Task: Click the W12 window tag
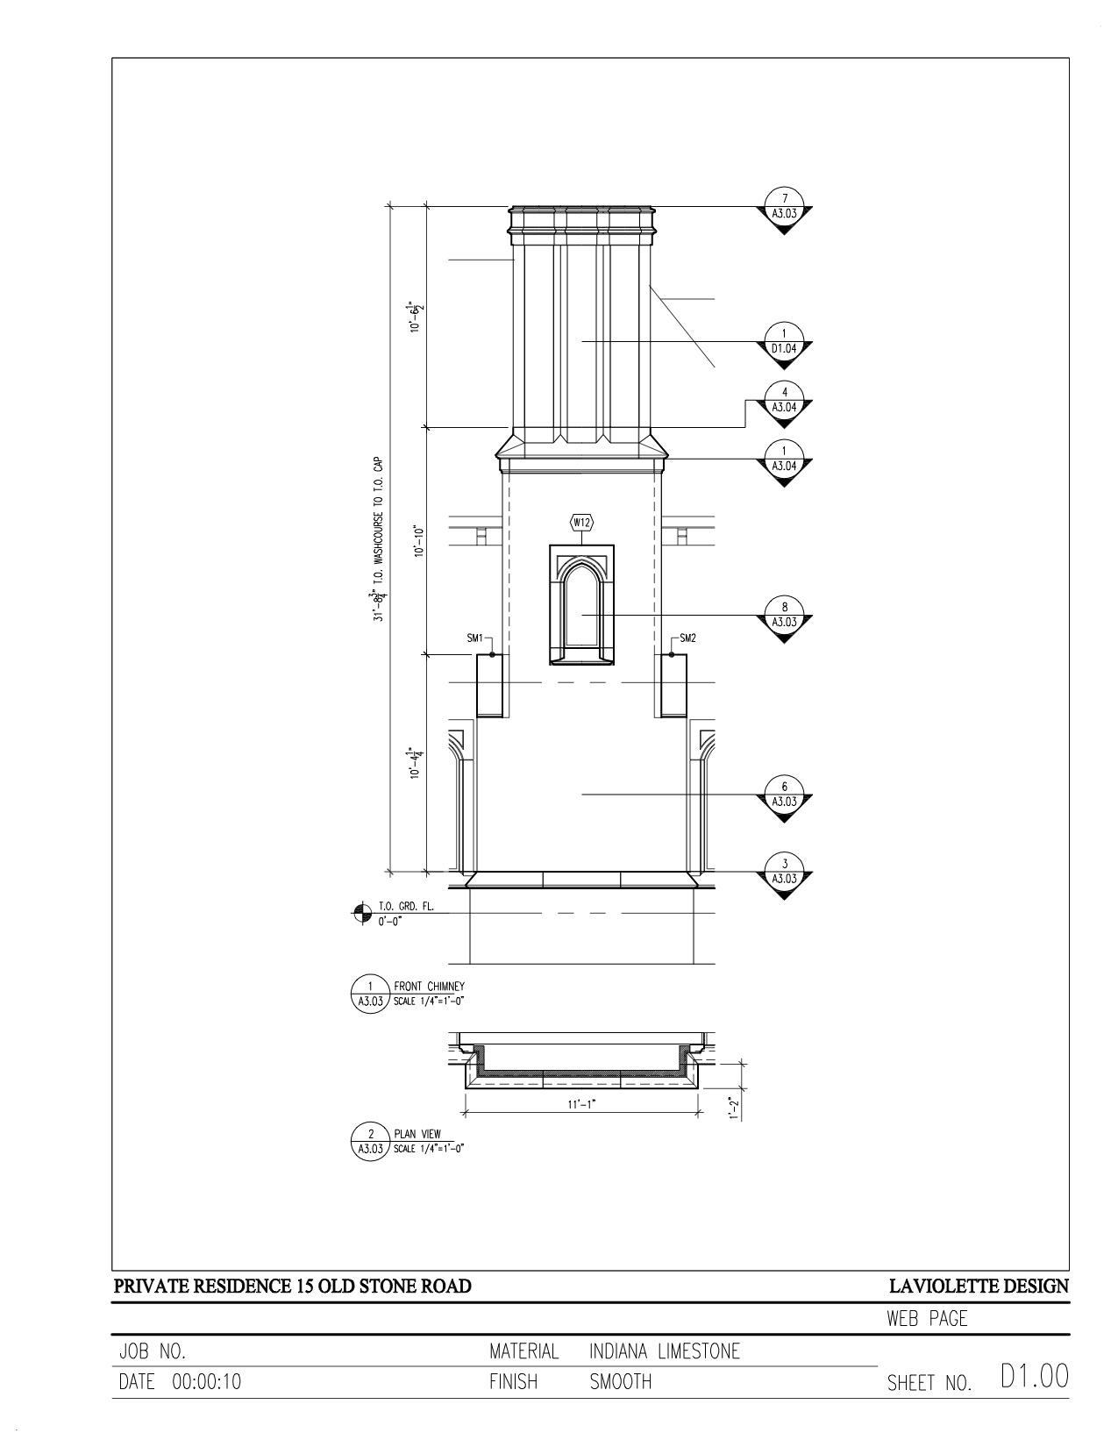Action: pyautogui.click(x=582, y=523)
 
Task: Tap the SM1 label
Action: pyautogui.click(x=474, y=638)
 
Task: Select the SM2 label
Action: pyautogui.click(x=687, y=638)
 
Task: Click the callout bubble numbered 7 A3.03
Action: pyautogui.click(x=785, y=210)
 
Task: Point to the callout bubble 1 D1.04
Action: pyautogui.click(x=785, y=345)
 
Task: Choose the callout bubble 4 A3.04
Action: pyautogui.click(x=785, y=403)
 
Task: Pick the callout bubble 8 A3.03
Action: pyautogui.click(x=785, y=618)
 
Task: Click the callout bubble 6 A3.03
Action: pyautogui.click(x=785, y=798)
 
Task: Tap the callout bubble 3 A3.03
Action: pyautogui.click(x=785, y=875)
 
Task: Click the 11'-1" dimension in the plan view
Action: pyautogui.click(x=581, y=1104)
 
